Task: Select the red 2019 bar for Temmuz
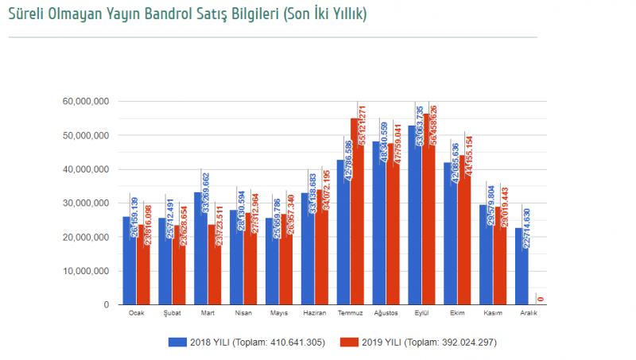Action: [358, 238]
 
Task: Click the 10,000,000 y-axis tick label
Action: [85, 271]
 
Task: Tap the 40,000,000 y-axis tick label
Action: [85, 169]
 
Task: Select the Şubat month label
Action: [172, 313]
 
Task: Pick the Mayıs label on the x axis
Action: [279, 313]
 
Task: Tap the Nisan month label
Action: [243, 313]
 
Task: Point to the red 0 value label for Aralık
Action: [541, 299]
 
